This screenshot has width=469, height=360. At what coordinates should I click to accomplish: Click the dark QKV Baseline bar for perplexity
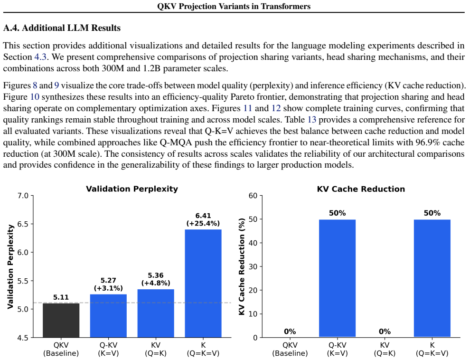[x=61, y=320]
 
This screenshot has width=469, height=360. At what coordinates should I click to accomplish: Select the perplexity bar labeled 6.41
[x=203, y=284]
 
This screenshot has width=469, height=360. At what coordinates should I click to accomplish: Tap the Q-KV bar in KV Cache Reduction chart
[x=337, y=278]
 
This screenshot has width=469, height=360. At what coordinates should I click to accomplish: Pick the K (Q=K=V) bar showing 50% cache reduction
[x=432, y=278]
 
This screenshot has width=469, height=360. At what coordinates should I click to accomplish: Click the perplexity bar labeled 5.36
[x=156, y=313]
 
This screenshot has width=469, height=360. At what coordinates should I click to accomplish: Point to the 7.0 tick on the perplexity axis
[x=23, y=196]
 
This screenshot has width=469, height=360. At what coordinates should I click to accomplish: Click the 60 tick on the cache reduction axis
[x=253, y=196]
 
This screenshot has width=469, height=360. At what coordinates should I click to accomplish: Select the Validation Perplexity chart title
[x=132, y=189]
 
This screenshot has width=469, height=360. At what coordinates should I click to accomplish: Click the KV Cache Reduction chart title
[x=361, y=189]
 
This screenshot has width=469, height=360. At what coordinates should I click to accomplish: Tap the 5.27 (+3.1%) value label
[x=108, y=284]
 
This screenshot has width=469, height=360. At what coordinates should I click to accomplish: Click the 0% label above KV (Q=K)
[x=385, y=332]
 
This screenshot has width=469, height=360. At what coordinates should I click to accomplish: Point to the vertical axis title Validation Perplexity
[x=11, y=266]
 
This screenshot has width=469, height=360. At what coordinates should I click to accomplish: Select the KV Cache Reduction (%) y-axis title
[x=242, y=266]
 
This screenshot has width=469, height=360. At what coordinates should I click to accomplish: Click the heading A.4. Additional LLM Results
[x=62, y=28]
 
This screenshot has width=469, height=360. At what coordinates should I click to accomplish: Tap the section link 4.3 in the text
[x=40, y=57]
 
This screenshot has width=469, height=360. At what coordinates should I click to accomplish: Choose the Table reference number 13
[x=312, y=120]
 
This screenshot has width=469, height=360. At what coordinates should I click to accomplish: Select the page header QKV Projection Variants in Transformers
[x=234, y=6]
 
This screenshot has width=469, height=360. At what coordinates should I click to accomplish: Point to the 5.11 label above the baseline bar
[x=61, y=297]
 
